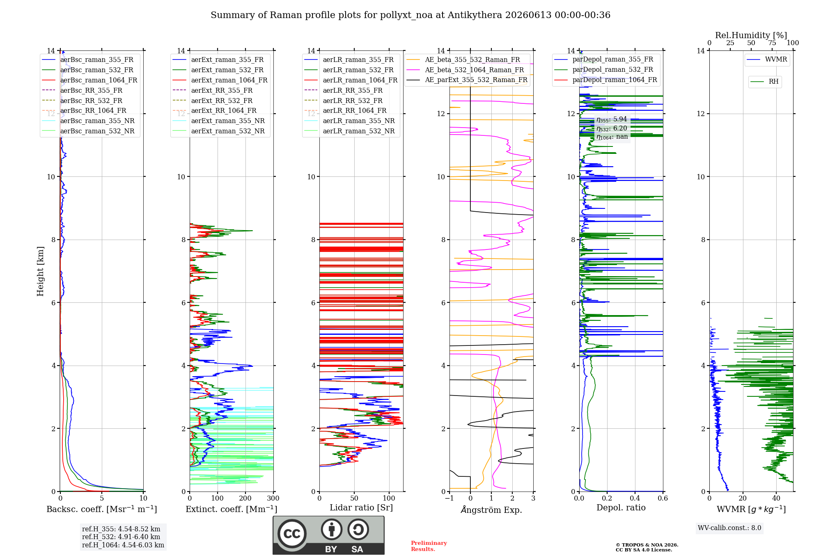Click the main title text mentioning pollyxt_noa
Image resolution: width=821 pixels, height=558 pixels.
[x=410, y=15]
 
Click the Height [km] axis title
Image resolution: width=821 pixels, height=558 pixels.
[x=40, y=271]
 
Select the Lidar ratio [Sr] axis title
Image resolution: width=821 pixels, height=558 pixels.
[x=361, y=508]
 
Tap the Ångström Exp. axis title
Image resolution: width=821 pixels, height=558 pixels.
[x=491, y=510]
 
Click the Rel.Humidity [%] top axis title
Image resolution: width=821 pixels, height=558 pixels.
[x=751, y=35]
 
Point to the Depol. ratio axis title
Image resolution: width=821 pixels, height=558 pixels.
[x=621, y=508]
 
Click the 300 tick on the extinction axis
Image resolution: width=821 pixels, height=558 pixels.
[x=273, y=498]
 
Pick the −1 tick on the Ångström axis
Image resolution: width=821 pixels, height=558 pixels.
[x=449, y=498]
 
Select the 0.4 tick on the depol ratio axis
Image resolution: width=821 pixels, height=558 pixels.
[x=635, y=498]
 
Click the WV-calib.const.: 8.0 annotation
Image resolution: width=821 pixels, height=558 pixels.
[x=729, y=528]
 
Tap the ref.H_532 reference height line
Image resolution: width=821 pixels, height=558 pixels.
[x=121, y=537]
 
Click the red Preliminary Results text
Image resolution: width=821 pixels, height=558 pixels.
[x=429, y=546]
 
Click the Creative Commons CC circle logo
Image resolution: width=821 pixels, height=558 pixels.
[x=292, y=534]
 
